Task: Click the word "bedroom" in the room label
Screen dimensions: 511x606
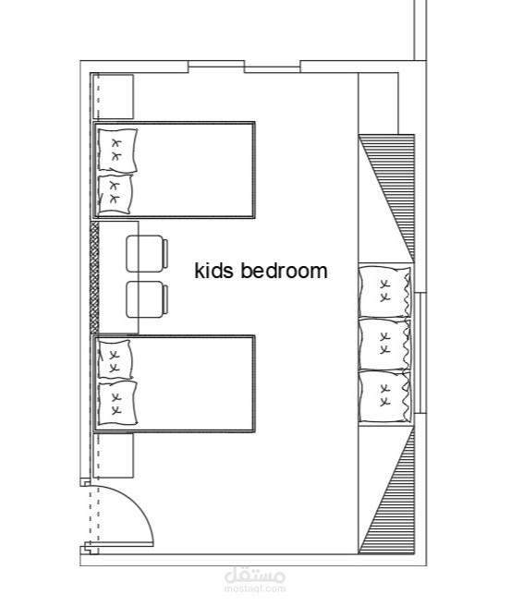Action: [284, 270]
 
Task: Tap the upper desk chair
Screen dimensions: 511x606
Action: [147, 253]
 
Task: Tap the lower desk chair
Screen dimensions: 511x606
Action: [147, 299]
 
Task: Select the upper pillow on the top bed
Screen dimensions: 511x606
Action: [117, 150]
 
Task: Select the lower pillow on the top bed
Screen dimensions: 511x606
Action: [116, 194]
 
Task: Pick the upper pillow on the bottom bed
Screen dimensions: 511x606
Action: [115, 359]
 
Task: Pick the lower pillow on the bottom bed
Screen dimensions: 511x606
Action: [117, 404]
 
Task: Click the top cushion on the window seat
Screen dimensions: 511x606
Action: [384, 291]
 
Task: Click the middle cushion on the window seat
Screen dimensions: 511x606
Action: [384, 344]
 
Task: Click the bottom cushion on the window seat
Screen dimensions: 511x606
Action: [384, 396]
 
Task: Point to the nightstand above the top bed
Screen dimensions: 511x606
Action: [113, 97]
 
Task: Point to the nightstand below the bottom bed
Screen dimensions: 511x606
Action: [113, 455]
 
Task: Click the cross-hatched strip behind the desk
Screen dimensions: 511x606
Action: [94, 277]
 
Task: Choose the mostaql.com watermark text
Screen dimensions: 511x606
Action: [255, 589]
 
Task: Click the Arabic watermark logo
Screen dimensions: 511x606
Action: [255, 576]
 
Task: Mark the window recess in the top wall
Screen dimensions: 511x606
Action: [244, 67]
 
